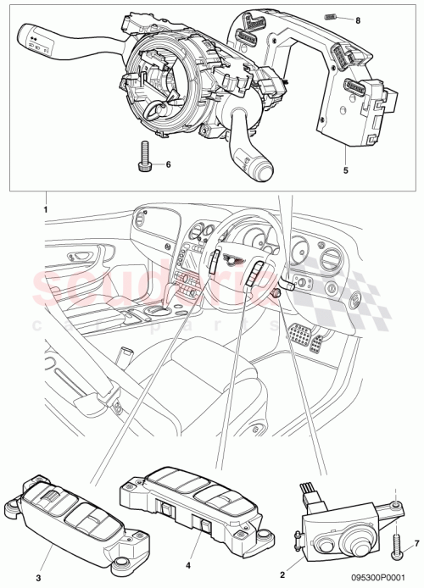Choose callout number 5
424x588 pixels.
click(346, 170)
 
